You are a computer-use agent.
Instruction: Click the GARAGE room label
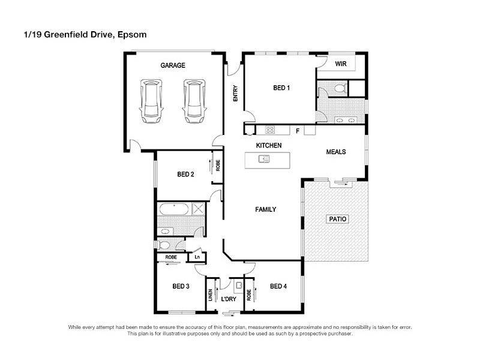[x=172, y=65]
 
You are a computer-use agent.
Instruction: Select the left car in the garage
[x=151, y=100]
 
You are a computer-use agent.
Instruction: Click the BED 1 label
[x=281, y=88]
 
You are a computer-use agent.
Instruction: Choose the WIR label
[x=340, y=64]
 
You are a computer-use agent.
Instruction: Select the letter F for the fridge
[x=297, y=130]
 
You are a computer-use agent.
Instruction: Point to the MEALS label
[x=335, y=152]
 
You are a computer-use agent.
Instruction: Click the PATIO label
[x=337, y=219]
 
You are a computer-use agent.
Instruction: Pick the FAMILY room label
[x=265, y=209]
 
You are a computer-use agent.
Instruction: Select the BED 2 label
[x=185, y=175]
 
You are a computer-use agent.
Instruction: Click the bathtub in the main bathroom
[x=174, y=211]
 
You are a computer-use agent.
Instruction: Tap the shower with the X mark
[x=199, y=210]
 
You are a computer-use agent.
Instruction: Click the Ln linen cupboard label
[x=196, y=257]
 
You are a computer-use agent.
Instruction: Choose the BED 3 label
[x=181, y=286]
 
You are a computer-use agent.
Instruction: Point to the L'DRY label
[x=229, y=299]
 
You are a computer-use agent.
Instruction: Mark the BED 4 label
[x=278, y=286]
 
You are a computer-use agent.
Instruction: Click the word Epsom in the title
[x=133, y=35]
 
